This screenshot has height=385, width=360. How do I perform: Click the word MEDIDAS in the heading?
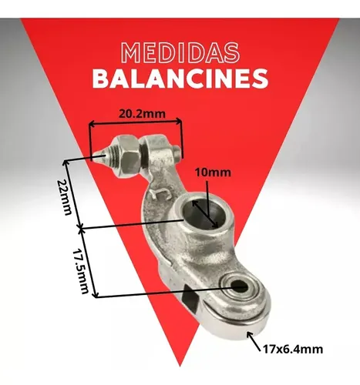tap(180, 52)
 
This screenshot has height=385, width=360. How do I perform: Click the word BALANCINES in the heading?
tap(180, 79)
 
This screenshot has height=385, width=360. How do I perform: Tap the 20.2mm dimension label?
tap(142, 114)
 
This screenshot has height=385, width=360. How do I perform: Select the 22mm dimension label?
tap(63, 197)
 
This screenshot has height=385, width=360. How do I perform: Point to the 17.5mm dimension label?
tap(80, 271)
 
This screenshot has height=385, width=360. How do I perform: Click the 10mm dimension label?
tap(213, 172)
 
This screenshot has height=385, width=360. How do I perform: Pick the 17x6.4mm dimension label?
tap(293, 350)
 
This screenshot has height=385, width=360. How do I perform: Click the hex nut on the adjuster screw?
tap(129, 156)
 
